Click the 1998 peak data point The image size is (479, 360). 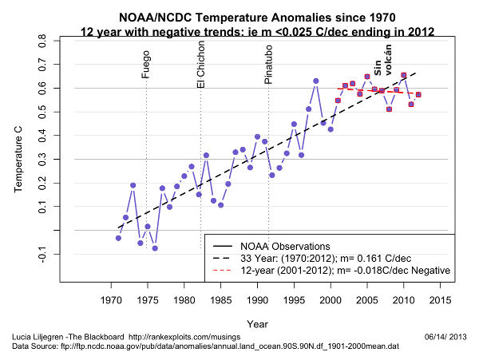[x=316, y=81]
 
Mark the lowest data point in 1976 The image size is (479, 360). [x=155, y=248]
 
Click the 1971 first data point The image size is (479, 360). [x=118, y=238]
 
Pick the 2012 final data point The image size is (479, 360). [x=418, y=95]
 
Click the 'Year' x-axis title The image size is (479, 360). [x=257, y=324]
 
